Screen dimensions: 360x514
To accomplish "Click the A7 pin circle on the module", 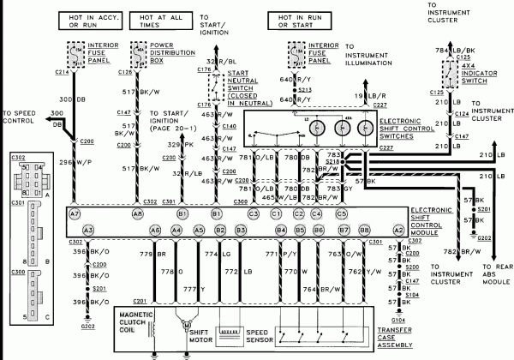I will pos(75,213).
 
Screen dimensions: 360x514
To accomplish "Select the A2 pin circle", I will pos(397,230).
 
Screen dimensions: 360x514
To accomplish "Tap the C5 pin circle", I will pos(341,213).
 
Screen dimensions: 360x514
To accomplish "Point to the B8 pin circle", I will pos(366,230).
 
